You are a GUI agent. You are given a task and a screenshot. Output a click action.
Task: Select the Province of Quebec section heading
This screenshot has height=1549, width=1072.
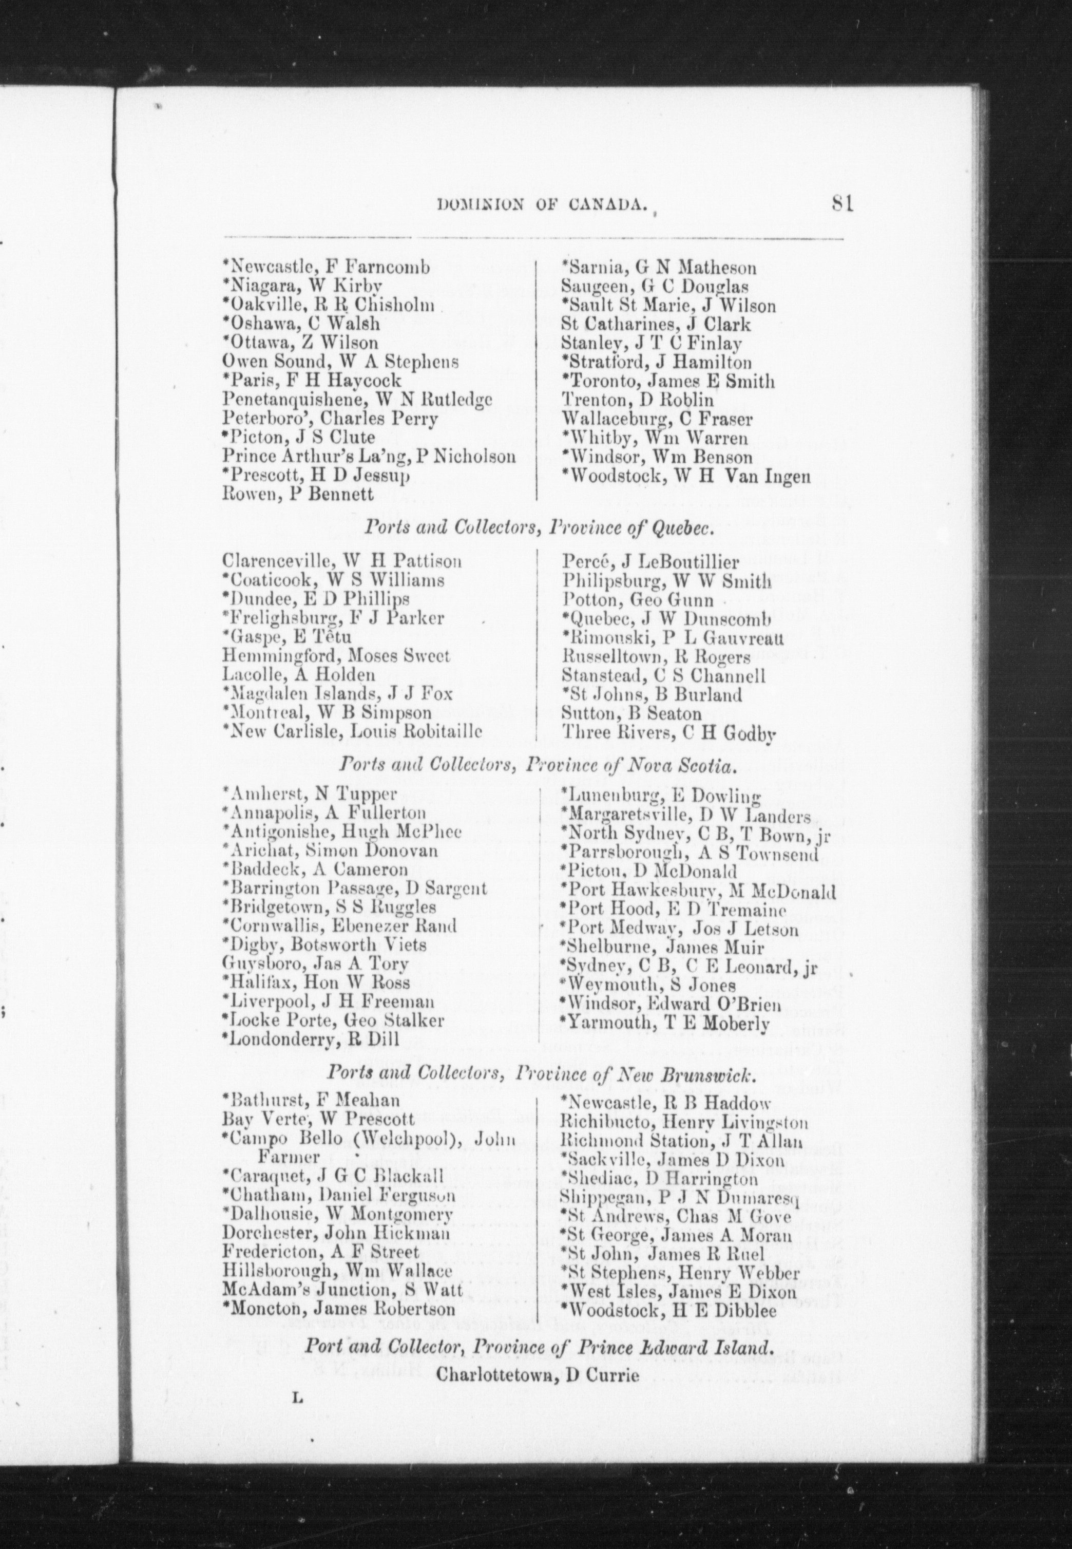pyautogui.click(x=538, y=528)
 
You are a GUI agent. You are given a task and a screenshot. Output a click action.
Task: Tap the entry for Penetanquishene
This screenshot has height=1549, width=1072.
pyautogui.click(x=357, y=399)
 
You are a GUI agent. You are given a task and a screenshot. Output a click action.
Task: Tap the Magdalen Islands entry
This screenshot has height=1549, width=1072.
pyautogui.click(x=337, y=693)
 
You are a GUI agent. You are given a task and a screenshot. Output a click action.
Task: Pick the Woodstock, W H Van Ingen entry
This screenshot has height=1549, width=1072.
pyautogui.click(x=686, y=477)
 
